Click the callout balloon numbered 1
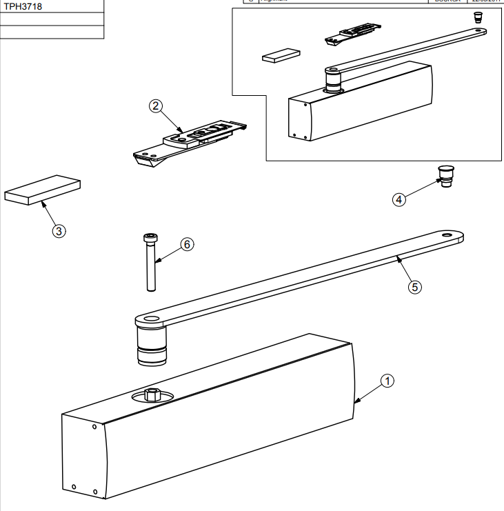click(387, 380)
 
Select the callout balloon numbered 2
click(156, 106)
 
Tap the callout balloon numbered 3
click(59, 231)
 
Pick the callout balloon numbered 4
click(399, 199)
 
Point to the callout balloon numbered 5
click(414, 287)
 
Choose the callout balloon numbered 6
click(185, 244)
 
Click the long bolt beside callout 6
click(150, 265)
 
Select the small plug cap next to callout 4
click(445, 177)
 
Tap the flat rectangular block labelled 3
click(43, 188)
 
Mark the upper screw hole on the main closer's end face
click(94, 427)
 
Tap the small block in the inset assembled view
click(281, 54)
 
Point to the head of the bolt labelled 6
click(150, 238)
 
